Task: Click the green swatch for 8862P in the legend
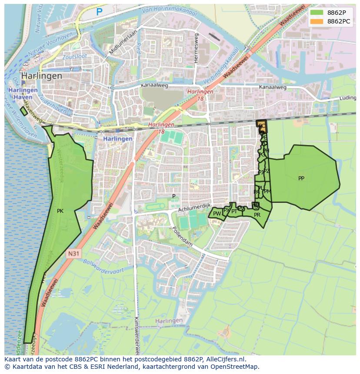coord(316,12)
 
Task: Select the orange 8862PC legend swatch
coord(316,21)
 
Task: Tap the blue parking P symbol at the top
coord(100,12)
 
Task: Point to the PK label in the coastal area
coord(60,211)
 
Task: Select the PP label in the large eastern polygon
coord(301,179)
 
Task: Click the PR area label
coord(257,215)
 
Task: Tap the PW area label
coord(217,214)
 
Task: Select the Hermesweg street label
coord(197,48)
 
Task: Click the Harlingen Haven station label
coord(22,93)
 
